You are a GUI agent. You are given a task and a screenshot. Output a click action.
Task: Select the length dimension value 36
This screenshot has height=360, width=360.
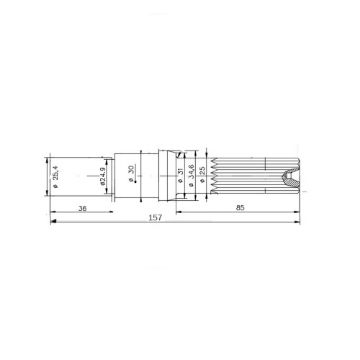81,209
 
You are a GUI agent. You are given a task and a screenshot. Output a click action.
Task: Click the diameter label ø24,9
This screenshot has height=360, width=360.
104,177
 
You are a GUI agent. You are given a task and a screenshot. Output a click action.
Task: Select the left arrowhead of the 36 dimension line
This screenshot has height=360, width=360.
50,214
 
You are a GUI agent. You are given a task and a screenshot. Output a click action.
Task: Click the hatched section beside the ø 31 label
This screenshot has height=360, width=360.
171,177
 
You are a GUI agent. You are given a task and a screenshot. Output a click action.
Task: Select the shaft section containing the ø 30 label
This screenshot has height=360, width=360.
133,177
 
